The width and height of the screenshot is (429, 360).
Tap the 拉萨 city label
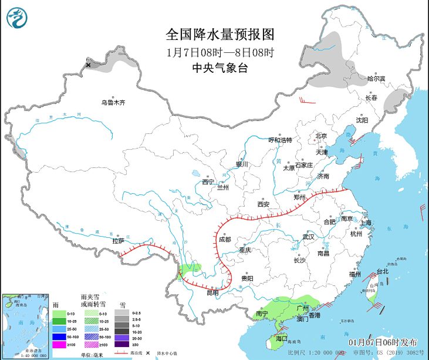(x=118, y=240)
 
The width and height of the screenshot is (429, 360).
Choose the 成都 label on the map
(x=225, y=240)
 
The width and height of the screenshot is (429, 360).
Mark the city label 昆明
(x=212, y=292)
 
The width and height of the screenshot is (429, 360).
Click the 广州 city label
(x=303, y=307)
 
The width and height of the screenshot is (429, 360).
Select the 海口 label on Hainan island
(x=282, y=339)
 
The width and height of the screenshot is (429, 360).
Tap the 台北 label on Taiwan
(x=382, y=271)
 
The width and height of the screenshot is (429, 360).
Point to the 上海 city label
(x=366, y=223)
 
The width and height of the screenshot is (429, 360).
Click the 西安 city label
(x=263, y=204)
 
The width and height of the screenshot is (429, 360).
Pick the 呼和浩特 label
(x=280, y=140)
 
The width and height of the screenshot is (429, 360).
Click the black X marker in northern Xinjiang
(x=88, y=65)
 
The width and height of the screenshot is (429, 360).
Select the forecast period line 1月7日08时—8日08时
(x=220, y=52)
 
